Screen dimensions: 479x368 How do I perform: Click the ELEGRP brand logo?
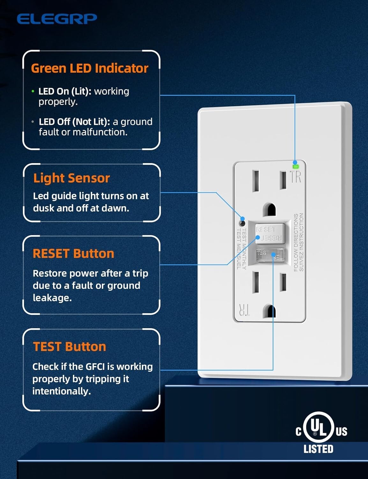pos(57,19)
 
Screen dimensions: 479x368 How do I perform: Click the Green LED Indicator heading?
pos(90,68)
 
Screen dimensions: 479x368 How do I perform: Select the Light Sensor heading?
pos(71,178)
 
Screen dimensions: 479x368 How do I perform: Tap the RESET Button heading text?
pos(73,254)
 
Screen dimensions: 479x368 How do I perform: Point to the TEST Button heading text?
pos(69,347)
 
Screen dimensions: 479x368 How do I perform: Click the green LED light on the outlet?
pos(295,166)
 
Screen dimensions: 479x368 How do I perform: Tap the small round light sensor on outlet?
pos(242,223)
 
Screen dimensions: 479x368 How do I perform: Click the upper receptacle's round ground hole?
pos(269,209)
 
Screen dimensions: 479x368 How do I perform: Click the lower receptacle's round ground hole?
pos(269,311)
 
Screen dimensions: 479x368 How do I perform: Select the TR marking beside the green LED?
pos(296,177)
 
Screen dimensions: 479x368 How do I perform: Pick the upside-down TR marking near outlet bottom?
pos(244,310)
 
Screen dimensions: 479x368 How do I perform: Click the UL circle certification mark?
pos(318,427)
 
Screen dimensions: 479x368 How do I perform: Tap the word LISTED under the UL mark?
pos(318,449)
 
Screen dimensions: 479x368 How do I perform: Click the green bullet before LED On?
pos(33,92)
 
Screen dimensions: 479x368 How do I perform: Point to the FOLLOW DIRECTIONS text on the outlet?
pos(296,242)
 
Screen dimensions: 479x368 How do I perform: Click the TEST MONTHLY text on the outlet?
pos(244,248)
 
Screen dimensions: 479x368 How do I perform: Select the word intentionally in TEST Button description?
pos(62,391)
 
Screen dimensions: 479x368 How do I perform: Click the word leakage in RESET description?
pos(52,298)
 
